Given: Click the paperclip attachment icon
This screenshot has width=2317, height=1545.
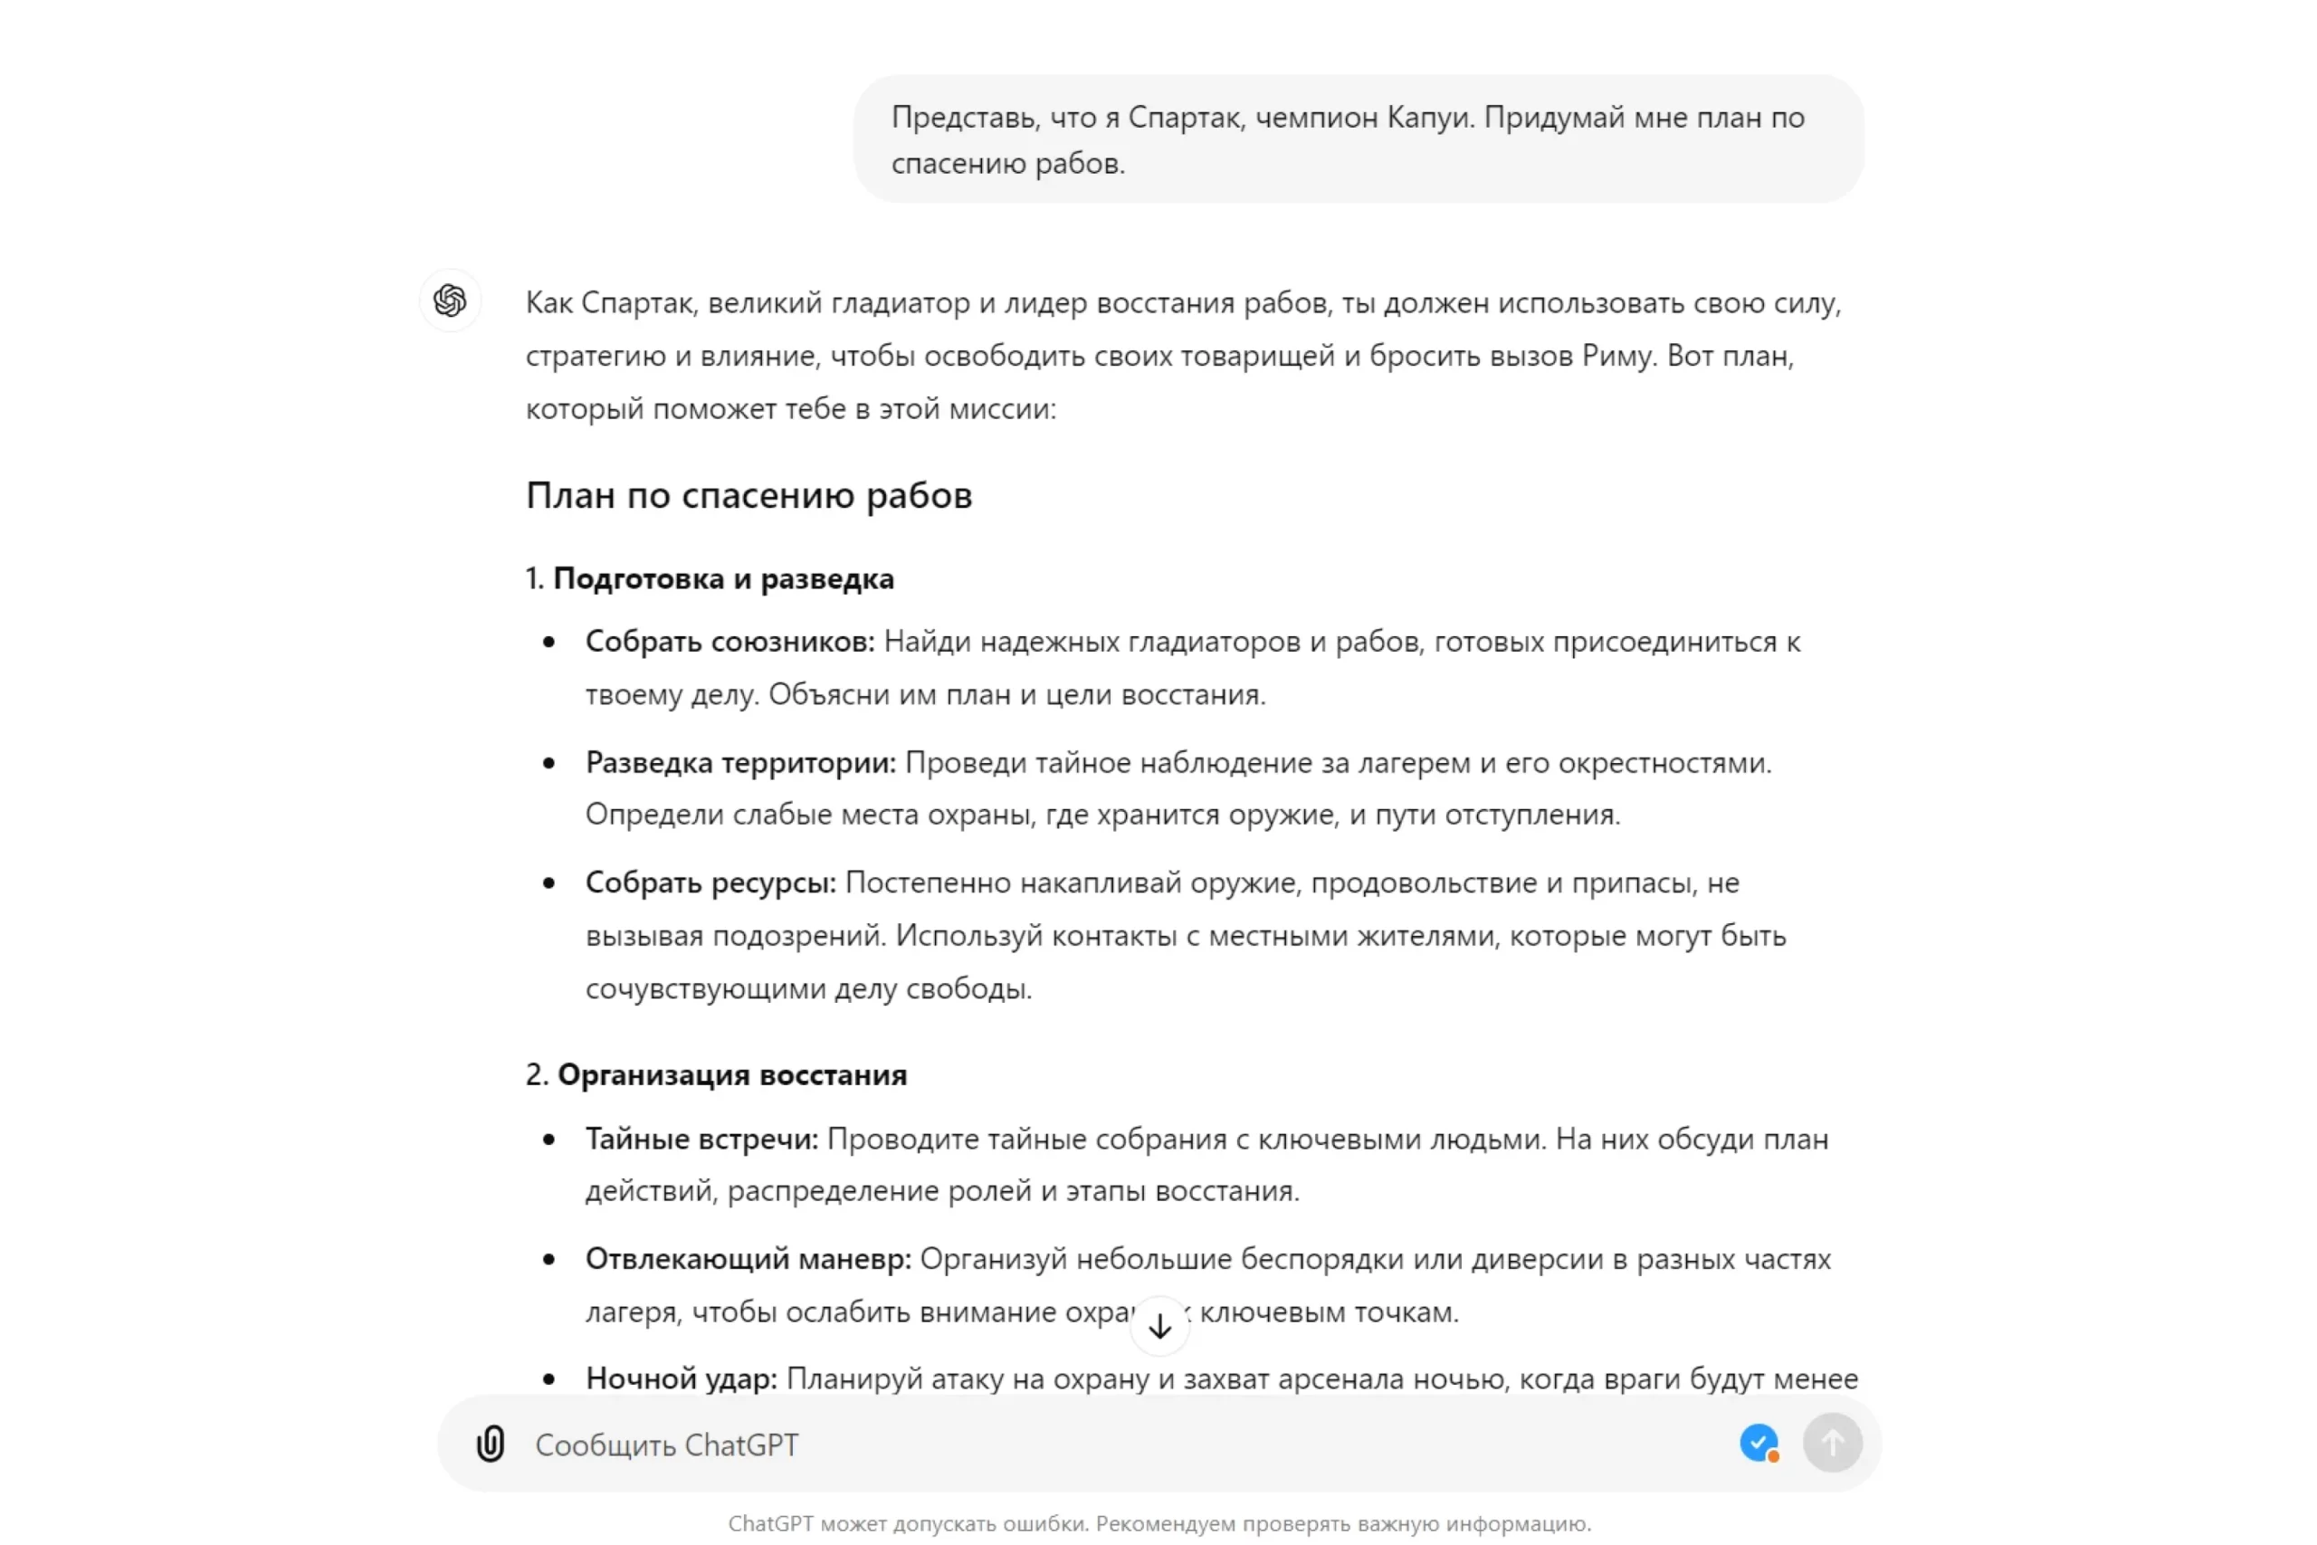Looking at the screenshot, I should [x=491, y=1444].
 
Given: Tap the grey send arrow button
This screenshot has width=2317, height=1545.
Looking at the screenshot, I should [x=1831, y=1444].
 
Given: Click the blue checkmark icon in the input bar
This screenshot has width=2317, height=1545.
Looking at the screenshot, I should [x=1758, y=1443].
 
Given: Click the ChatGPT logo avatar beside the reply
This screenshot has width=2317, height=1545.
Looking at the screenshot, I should [x=450, y=300].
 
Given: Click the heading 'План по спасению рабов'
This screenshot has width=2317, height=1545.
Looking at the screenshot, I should [x=748, y=496].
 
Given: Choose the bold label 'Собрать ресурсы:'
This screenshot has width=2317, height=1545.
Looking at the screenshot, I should [x=710, y=882].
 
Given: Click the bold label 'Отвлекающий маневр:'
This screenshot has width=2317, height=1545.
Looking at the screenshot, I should [x=748, y=1259].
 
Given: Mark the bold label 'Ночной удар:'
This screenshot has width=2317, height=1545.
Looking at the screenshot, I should [x=681, y=1378].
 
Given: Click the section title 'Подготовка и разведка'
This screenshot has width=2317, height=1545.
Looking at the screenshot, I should [x=723, y=578].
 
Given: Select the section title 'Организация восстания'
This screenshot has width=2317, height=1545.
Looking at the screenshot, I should [x=732, y=1075].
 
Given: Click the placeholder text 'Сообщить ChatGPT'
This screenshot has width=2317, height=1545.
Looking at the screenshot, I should [x=667, y=1445].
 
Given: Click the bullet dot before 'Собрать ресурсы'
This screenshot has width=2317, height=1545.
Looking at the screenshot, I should [x=548, y=882].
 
